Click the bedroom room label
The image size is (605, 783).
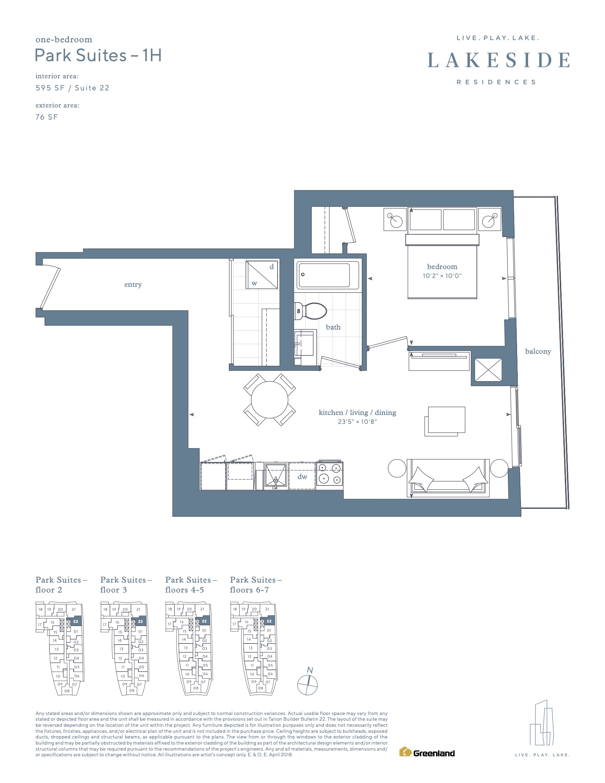[442, 267]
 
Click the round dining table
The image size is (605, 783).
[269, 400]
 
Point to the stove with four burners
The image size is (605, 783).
[330, 474]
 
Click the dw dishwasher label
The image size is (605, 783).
[302, 477]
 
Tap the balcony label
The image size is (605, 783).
[538, 352]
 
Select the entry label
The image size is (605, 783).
[133, 285]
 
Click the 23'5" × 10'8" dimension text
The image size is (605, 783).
[357, 422]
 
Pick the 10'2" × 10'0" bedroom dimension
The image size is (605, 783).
[442, 276]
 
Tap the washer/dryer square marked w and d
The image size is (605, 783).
[262, 275]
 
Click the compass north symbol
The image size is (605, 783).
[307, 685]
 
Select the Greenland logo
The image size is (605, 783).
[427, 753]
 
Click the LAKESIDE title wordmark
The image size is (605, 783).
[499, 60]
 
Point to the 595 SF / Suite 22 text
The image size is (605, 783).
[72, 88]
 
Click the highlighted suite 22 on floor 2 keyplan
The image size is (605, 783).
[75, 621]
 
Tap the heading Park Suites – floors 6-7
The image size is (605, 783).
[256, 585]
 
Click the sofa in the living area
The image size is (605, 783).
[448, 478]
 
